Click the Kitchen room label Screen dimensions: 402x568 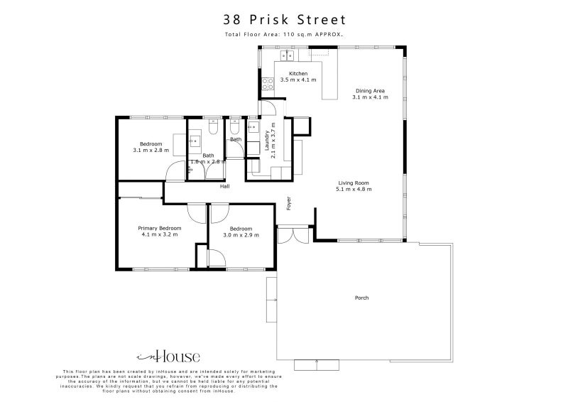pos(297,74)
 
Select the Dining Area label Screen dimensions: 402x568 pos(370,91)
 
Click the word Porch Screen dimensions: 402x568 pos(361,298)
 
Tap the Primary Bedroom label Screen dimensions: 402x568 pos(160,228)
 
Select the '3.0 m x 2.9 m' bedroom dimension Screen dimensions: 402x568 pos(241,234)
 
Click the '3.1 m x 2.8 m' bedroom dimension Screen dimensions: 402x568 pos(151,150)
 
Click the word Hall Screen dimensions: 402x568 pos(224,187)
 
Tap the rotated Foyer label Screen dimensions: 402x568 pos(288,204)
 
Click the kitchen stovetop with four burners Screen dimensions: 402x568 pos(268,86)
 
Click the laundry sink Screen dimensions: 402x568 pos(253,128)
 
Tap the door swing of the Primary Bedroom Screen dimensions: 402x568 pos(196,213)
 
